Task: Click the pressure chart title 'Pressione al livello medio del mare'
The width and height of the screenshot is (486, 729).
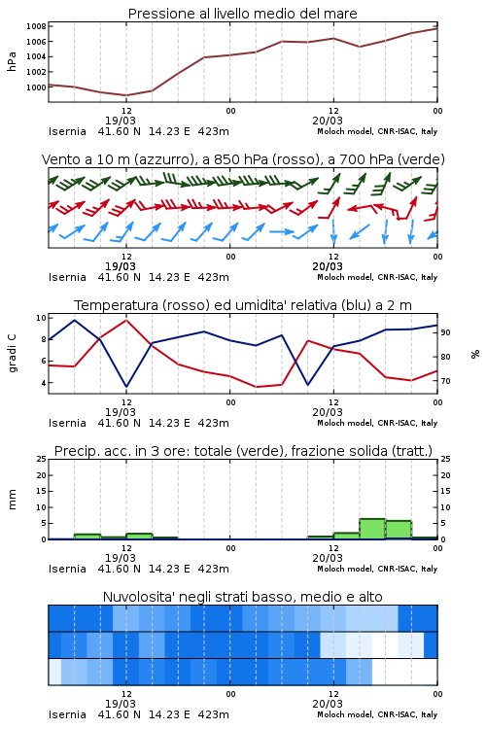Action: (x=242, y=14)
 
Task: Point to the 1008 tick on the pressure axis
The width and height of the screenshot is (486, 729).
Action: (x=36, y=26)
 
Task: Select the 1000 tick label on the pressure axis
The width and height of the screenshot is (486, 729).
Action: (x=36, y=87)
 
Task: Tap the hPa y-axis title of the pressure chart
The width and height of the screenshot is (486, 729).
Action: (x=12, y=61)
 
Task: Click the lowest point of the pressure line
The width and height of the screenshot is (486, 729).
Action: (x=126, y=95)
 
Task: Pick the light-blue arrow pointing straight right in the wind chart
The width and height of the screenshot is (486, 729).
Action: (x=282, y=231)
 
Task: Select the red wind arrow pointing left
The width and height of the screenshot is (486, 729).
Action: (x=361, y=207)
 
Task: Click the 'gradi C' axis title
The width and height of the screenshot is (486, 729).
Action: (x=13, y=354)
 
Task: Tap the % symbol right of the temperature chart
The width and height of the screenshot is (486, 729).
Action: (x=475, y=354)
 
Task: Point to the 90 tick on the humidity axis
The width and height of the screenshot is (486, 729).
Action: (x=445, y=332)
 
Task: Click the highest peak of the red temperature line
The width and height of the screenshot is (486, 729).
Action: (x=126, y=320)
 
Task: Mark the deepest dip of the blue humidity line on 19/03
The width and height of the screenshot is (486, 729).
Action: (x=126, y=386)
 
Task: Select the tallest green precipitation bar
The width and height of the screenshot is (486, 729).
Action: (x=372, y=529)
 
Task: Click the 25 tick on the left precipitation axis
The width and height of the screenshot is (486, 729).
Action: (x=42, y=459)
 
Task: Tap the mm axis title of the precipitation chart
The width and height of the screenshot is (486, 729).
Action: (x=12, y=500)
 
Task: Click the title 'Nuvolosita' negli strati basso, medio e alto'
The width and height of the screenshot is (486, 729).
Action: (x=242, y=597)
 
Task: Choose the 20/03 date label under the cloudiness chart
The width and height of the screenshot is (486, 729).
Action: (x=328, y=704)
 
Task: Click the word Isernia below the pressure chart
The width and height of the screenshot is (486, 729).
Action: (x=67, y=131)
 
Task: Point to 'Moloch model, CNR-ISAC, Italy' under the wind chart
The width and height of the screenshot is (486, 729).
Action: (x=377, y=277)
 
